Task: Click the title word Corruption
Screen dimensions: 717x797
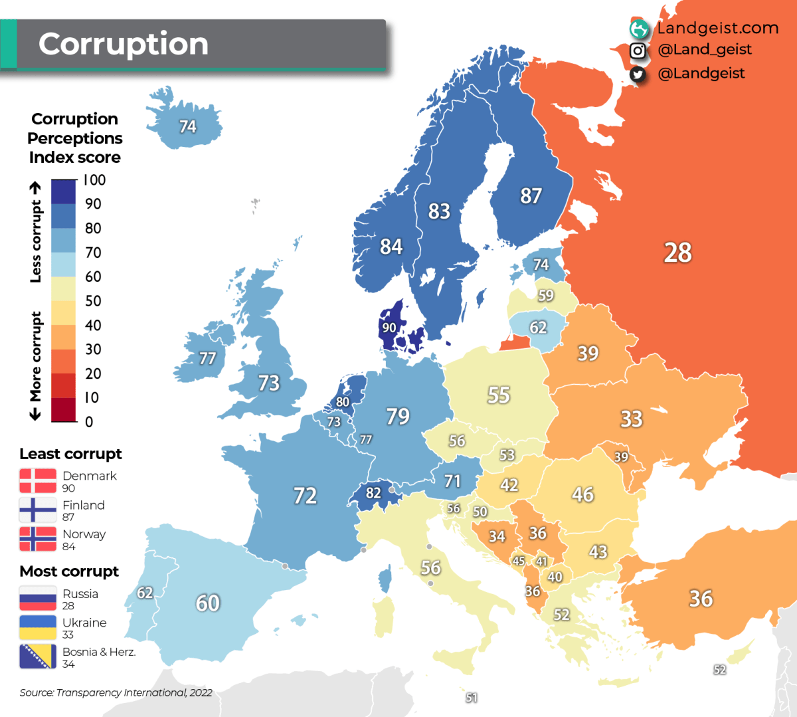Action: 124,44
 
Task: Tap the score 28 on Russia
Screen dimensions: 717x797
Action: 677,253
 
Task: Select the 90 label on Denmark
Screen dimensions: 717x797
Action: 389,328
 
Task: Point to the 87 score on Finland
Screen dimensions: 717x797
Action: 531,195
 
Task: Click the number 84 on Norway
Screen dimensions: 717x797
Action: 391,247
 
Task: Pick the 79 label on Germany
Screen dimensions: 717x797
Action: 398,416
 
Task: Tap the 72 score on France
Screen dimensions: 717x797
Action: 305,495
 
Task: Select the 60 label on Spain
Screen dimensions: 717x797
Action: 207,603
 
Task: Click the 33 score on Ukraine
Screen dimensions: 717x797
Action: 631,419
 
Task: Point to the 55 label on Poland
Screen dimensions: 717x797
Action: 498,395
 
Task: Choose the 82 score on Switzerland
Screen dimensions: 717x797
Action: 373,493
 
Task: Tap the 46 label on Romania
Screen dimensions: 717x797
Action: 582,494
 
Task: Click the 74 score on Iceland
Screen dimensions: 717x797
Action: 187,126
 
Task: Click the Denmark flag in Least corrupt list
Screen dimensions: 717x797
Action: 38,481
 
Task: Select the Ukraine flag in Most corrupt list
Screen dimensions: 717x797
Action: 38,627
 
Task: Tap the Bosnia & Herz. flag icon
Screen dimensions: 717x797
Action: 38,657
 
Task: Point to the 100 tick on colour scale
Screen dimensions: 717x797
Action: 94,180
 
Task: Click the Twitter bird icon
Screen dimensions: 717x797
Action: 638,74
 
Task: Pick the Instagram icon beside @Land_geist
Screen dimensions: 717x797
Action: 638,51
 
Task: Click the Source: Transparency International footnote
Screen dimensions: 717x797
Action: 116,692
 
